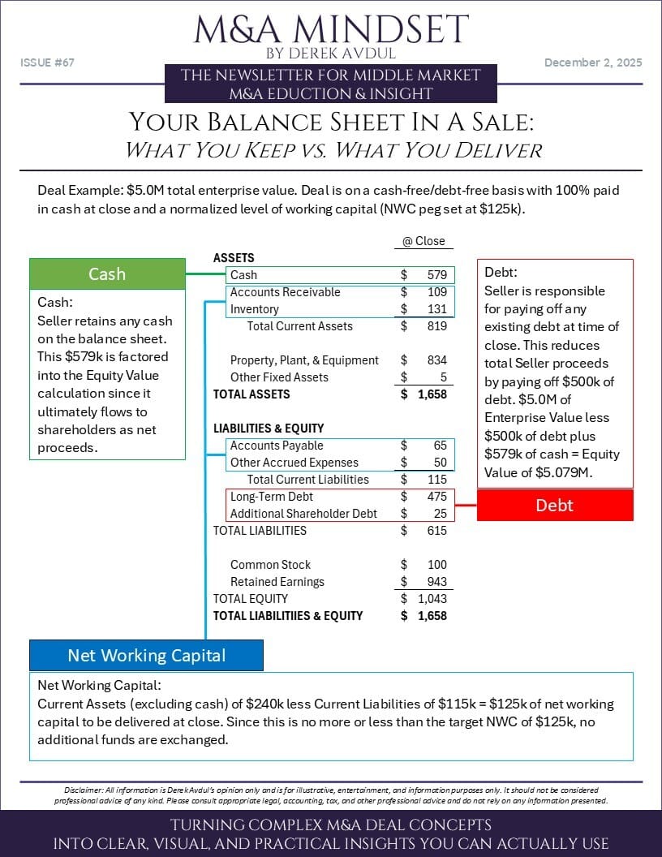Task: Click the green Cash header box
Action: tap(107, 274)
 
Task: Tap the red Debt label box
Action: tap(554, 505)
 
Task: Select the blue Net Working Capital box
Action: tap(146, 655)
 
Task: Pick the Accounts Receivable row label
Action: tap(285, 292)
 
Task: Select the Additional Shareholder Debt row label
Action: tap(304, 514)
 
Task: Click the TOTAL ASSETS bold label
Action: tap(251, 394)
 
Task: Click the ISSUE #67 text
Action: tap(47, 62)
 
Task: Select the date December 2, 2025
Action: tap(593, 62)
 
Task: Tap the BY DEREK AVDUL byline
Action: tap(331, 54)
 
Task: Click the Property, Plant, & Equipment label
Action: tap(304, 360)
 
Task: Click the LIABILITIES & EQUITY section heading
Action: tap(268, 428)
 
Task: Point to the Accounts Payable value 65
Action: tap(439, 446)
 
